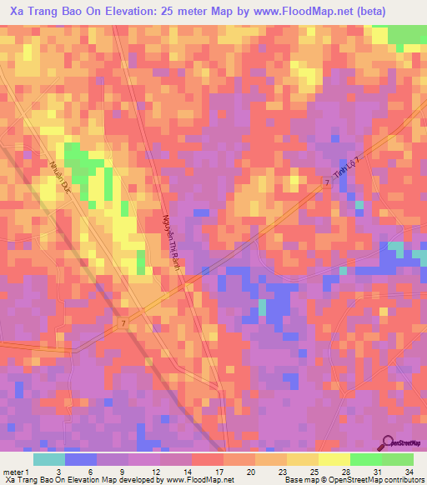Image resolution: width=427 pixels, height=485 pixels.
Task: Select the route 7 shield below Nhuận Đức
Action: [123, 322]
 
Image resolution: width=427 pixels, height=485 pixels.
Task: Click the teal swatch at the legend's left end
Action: [48, 458]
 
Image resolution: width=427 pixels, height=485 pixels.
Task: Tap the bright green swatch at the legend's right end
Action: [398, 458]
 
